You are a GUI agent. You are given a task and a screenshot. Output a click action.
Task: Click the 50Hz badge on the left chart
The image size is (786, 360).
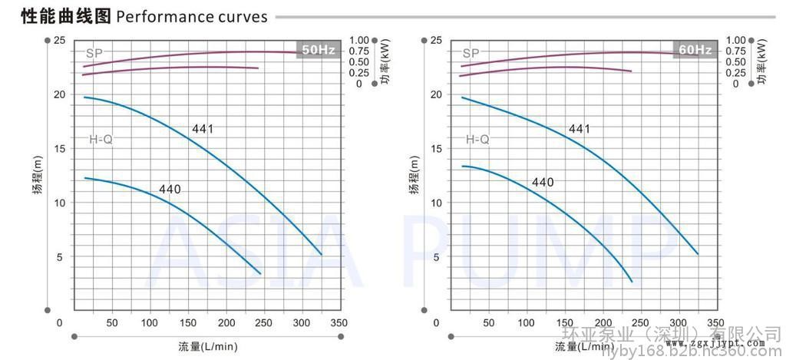tap(319, 50)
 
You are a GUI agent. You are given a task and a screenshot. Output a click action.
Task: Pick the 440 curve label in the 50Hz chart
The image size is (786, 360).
tap(170, 189)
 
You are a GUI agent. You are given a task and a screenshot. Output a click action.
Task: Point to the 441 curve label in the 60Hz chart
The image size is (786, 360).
tap(580, 128)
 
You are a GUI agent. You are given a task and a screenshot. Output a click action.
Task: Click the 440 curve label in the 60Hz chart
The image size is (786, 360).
tap(543, 182)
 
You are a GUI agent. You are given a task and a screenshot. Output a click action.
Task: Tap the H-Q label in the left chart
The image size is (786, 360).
tap(101, 140)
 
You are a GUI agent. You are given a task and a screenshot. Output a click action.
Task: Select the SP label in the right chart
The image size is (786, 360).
tap(471, 54)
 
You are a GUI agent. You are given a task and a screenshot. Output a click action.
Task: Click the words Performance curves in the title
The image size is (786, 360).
tap(192, 16)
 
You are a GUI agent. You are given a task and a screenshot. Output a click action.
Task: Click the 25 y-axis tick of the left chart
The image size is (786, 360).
tap(60, 40)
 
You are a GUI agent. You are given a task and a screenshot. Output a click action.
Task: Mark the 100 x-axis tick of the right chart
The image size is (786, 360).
tap(527, 322)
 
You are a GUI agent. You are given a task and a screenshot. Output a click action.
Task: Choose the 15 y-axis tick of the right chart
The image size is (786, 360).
tap(436, 148)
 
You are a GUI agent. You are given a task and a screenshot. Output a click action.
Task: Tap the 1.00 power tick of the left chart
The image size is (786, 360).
tap(360, 40)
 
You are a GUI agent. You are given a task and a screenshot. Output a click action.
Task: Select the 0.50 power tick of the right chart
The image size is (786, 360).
tap(735, 62)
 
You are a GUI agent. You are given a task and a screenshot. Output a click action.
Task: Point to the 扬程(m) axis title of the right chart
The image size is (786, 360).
tap(414, 176)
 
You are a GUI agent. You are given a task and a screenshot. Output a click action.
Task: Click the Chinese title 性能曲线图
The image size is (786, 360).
tap(57, 16)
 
